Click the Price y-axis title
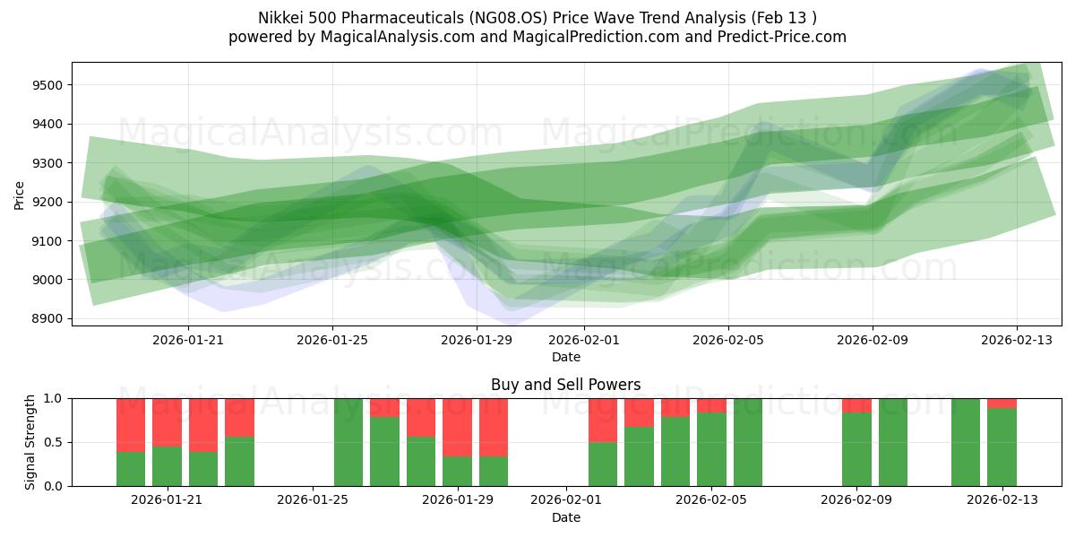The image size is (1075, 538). coord(20,194)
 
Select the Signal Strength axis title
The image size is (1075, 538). coord(31,441)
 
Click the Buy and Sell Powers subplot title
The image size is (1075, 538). coord(565,385)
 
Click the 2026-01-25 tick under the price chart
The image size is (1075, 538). coord(332,341)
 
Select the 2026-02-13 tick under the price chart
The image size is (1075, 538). coord(1016,341)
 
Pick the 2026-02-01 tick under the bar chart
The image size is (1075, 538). coord(566,500)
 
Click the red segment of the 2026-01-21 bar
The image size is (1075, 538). coord(167,421)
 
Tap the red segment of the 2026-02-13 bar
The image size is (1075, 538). coord(1002,403)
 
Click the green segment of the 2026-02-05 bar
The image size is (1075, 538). coord(711,448)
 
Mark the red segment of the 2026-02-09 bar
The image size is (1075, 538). coord(856,404)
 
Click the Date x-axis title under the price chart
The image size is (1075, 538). coord(565,357)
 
